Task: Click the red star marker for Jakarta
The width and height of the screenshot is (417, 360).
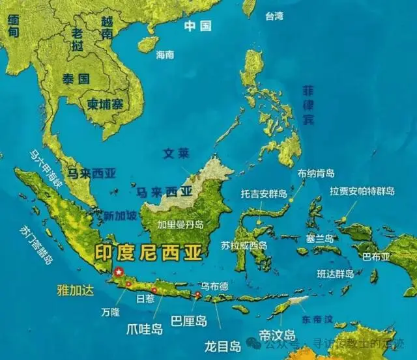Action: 119,271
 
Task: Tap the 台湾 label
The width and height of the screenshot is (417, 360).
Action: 274,17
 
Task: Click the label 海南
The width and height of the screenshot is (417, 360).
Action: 165,55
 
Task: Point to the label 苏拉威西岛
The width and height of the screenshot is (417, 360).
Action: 244,246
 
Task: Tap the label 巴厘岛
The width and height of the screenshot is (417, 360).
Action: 188,320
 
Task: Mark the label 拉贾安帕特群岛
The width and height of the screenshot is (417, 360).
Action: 362,191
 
